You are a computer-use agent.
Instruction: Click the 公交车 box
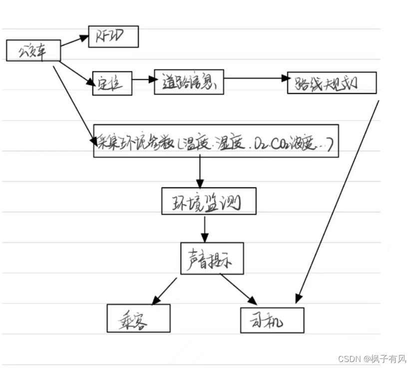[33, 51]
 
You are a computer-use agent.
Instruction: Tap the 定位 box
[112, 83]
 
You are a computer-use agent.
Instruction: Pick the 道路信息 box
[188, 81]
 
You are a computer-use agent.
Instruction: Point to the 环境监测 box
[209, 201]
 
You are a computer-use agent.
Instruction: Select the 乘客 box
[138, 318]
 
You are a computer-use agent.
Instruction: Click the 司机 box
[272, 319]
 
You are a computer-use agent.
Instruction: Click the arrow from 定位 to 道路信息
[143, 80]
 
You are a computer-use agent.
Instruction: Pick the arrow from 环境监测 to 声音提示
[204, 229]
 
